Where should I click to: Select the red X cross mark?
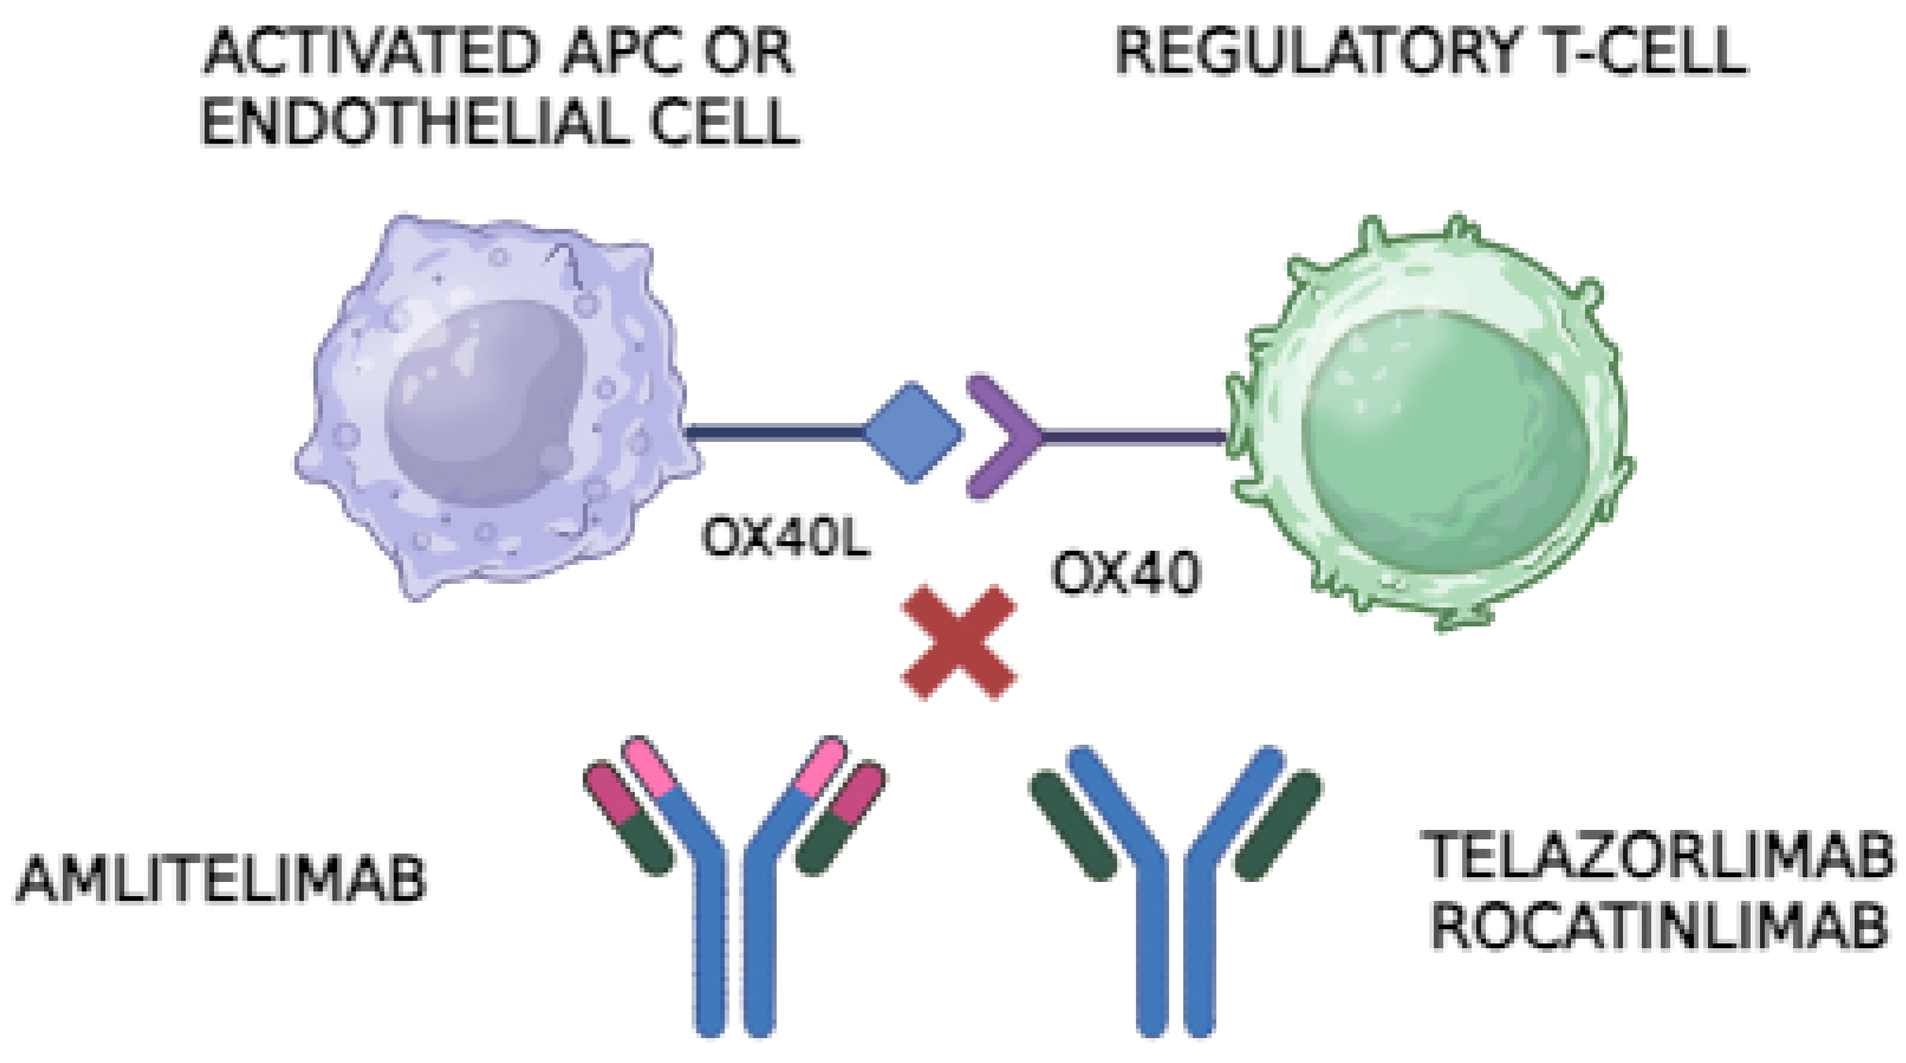(x=959, y=642)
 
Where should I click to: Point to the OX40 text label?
(x=1126, y=574)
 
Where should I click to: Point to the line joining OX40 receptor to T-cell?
(x=1132, y=437)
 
